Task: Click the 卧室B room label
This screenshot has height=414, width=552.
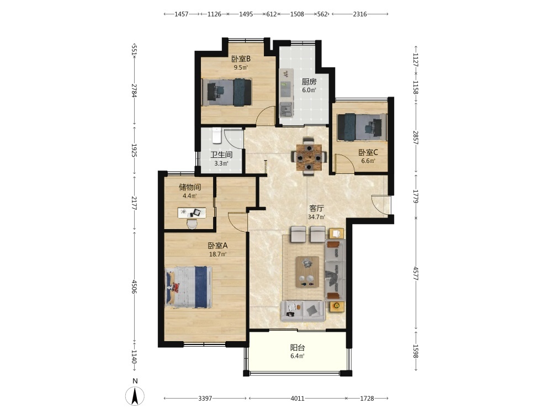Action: pyautogui.click(x=241, y=59)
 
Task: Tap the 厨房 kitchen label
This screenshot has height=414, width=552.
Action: pyautogui.click(x=309, y=82)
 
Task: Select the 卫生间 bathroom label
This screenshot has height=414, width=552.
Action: pyautogui.click(x=221, y=155)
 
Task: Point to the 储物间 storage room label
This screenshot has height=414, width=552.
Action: pyautogui.click(x=190, y=187)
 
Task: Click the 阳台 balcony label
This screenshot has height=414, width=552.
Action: pyautogui.click(x=298, y=348)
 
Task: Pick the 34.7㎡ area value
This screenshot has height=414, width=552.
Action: pyautogui.click(x=316, y=217)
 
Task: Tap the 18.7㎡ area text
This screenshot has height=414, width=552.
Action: pyautogui.click(x=218, y=254)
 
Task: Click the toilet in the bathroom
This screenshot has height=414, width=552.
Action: pyautogui.click(x=216, y=136)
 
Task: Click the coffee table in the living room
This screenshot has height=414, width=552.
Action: pyautogui.click(x=307, y=272)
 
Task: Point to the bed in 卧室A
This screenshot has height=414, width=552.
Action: pyautogui.click(x=189, y=287)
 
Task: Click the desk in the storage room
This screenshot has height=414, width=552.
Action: pyautogui.click(x=192, y=213)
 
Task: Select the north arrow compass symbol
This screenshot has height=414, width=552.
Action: pyautogui.click(x=135, y=395)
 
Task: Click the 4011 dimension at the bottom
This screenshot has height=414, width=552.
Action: pyautogui.click(x=298, y=399)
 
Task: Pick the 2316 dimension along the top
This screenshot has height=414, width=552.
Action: pyautogui.click(x=360, y=14)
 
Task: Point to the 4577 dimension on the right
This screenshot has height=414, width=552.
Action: pyautogui.click(x=416, y=273)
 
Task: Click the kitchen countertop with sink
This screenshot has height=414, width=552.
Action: pyautogui.click(x=286, y=93)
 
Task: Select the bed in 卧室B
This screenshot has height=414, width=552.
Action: pyautogui.click(x=227, y=92)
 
